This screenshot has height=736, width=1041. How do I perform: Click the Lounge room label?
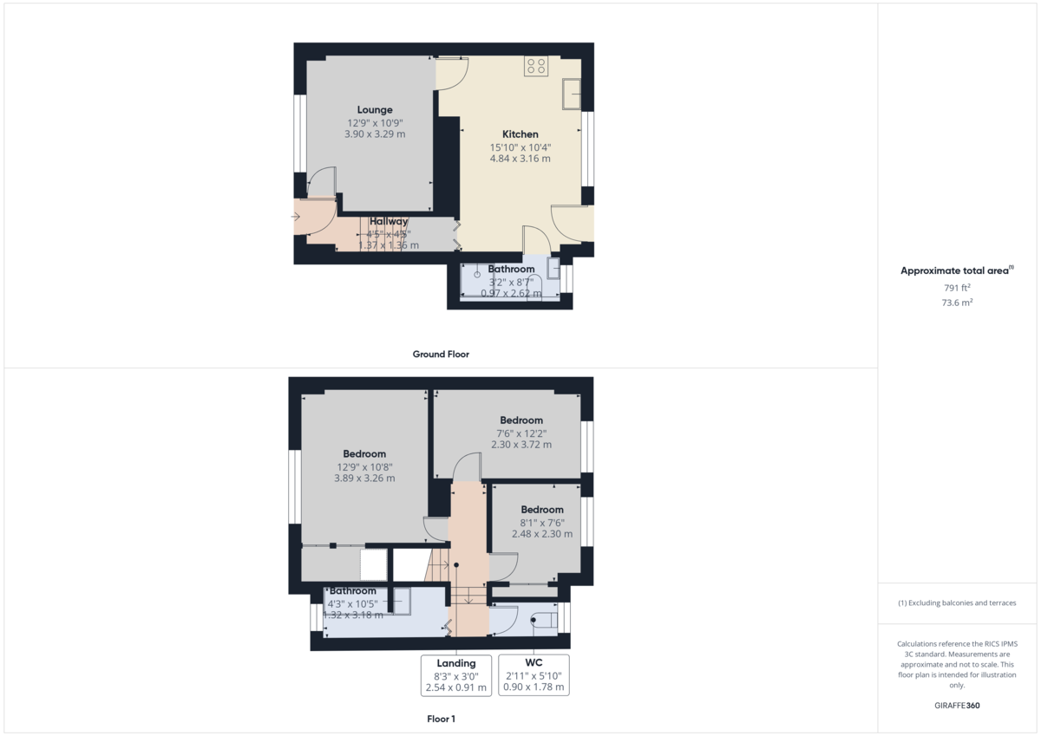click(x=375, y=110)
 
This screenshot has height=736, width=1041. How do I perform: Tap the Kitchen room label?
click(x=520, y=134)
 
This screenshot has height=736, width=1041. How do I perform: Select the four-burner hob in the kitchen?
click(x=535, y=67)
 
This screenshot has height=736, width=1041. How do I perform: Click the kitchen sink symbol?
click(x=572, y=94)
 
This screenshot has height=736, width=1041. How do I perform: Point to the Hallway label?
click(x=389, y=222)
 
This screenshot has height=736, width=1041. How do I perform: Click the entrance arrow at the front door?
click(x=296, y=217)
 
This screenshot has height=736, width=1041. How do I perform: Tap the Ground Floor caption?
click(x=441, y=355)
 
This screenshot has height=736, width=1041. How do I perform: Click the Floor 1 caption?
click(x=441, y=720)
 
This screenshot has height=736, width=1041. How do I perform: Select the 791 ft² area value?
click(x=957, y=288)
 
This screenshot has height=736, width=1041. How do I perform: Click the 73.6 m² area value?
click(x=957, y=303)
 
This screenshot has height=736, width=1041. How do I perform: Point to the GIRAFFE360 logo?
click(x=957, y=706)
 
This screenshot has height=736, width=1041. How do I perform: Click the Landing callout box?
click(x=456, y=675)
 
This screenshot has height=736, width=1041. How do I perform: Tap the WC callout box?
click(x=534, y=675)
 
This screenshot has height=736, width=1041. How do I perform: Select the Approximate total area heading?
click(x=956, y=271)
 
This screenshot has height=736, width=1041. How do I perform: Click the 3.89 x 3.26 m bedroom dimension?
click(x=364, y=479)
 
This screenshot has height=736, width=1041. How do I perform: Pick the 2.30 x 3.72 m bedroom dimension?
click(x=521, y=445)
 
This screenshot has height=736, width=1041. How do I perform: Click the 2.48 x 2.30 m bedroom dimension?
click(x=542, y=534)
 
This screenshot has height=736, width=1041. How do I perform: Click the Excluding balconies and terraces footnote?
click(x=957, y=602)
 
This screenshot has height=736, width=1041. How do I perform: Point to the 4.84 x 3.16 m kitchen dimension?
click(x=520, y=159)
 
